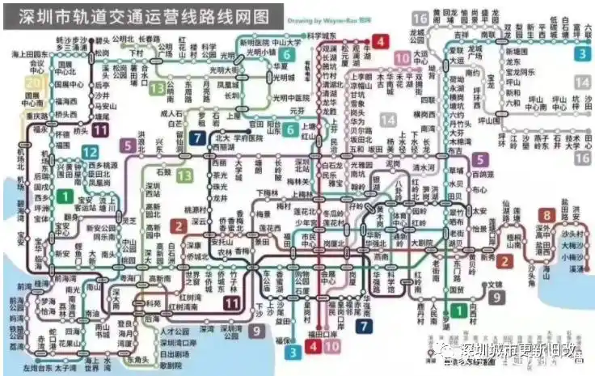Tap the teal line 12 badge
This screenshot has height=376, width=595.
(x=91, y=152)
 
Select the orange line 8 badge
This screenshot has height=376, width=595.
(x=547, y=215)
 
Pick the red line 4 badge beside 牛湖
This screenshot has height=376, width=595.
(x=379, y=40)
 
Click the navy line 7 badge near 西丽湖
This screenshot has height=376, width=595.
(x=196, y=138)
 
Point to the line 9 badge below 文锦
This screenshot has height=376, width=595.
(x=496, y=297)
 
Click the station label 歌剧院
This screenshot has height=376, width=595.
(x=171, y=365)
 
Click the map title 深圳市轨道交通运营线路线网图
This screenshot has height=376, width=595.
(x=143, y=16)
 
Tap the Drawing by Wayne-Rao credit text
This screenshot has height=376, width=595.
(x=334, y=19)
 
